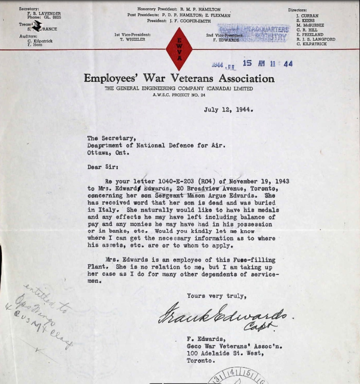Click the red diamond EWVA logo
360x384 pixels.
(x=179, y=49)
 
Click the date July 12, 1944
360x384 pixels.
(x=228, y=110)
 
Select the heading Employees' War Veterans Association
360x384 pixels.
(x=179, y=78)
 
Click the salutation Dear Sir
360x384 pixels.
(x=102, y=167)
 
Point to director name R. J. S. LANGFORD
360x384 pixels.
(x=316, y=39)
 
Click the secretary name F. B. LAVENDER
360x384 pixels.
(x=44, y=13)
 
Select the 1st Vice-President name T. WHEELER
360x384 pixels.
(x=133, y=39)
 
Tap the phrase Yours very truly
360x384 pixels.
(x=216, y=296)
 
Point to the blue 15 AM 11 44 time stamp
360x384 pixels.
(x=267, y=63)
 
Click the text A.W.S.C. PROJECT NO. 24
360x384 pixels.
(x=179, y=95)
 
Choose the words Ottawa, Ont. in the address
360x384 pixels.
(x=108, y=153)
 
